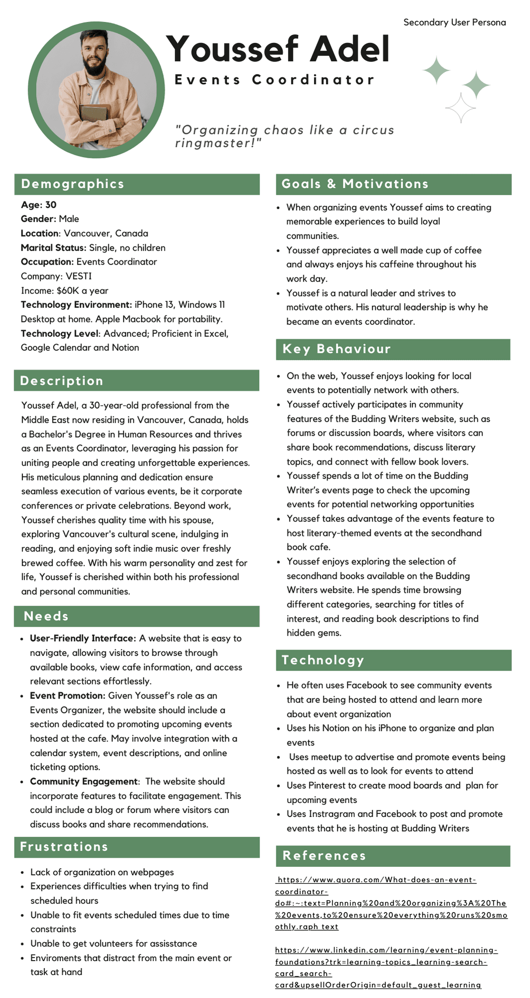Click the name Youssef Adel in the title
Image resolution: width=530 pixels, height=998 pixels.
(x=277, y=49)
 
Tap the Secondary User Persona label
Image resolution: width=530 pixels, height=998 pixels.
(x=454, y=22)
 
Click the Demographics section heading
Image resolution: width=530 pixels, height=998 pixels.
(x=72, y=184)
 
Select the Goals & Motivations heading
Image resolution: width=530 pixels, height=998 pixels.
(x=355, y=184)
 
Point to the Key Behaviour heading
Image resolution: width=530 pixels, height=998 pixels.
(x=336, y=349)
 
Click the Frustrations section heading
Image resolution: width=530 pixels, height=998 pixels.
(x=64, y=847)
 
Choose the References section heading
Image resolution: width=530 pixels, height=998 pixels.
(x=324, y=856)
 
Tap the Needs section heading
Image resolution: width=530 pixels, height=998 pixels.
(x=46, y=616)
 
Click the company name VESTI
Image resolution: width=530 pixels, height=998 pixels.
(x=78, y=276)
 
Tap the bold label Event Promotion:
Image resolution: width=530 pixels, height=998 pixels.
(x=67, y=696)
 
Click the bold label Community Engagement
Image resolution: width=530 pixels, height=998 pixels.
(x=83, y=781)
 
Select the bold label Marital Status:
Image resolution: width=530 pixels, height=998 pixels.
(x=53, y=248)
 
